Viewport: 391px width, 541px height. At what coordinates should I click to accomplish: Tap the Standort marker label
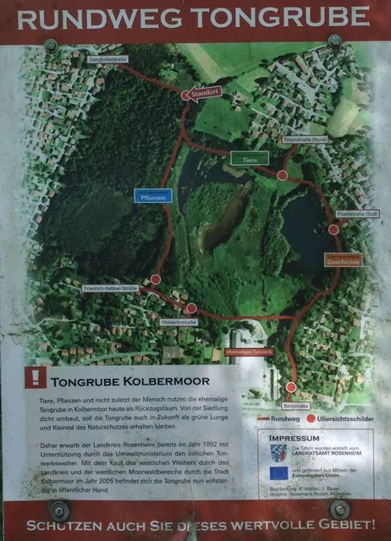coord(204,93)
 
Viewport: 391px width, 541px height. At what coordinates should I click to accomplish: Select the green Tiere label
coord(250,157)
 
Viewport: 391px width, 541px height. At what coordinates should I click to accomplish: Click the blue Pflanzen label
coord(153,196)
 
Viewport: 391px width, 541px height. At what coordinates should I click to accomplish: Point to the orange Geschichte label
coord(343,261)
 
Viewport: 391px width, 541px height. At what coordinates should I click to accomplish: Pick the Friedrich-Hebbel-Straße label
coord(111,288)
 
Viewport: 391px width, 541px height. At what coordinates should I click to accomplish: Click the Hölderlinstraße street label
coord(179,322)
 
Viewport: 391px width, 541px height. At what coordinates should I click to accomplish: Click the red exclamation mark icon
coord(36,377)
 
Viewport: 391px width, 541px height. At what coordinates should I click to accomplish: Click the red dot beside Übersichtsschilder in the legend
coord(311,418)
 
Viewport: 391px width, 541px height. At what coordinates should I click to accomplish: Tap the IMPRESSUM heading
coord(295,439)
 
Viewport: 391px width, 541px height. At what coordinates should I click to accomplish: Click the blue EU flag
coord(279,484)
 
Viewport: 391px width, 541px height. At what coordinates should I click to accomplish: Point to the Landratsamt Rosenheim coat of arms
coord(278,455)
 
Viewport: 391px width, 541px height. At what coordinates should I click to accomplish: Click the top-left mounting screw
coord(51,45)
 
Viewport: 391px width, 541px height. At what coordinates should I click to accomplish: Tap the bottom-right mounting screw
coord(340,510)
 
